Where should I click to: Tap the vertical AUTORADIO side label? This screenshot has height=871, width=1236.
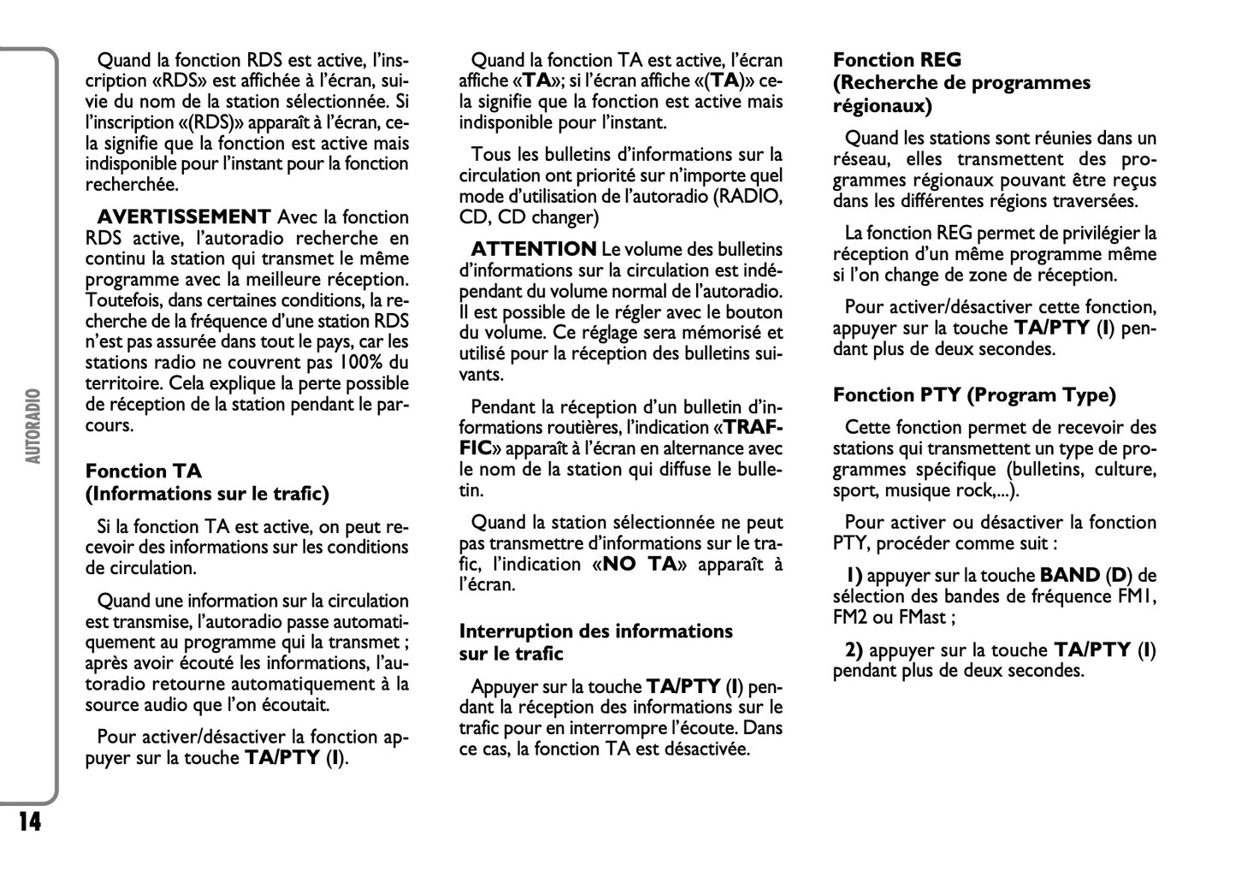[33, 425]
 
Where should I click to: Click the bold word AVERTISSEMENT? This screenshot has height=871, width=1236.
[184, 217]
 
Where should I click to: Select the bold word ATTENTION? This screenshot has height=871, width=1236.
[534, 249]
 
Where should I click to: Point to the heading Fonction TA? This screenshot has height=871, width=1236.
[143, 471]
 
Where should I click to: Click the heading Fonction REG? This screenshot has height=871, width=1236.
[896, 60]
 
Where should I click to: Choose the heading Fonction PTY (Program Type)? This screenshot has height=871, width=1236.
[974, 394]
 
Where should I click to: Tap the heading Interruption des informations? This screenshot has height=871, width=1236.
[595, 631]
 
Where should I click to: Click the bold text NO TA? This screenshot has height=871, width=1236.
[639, 564]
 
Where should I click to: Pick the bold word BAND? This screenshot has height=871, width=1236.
[1069, 575]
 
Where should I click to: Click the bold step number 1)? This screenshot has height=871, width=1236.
[854, 575]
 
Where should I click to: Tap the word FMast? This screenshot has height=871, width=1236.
[926, 617]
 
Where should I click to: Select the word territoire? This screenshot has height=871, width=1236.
[122, 383]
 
